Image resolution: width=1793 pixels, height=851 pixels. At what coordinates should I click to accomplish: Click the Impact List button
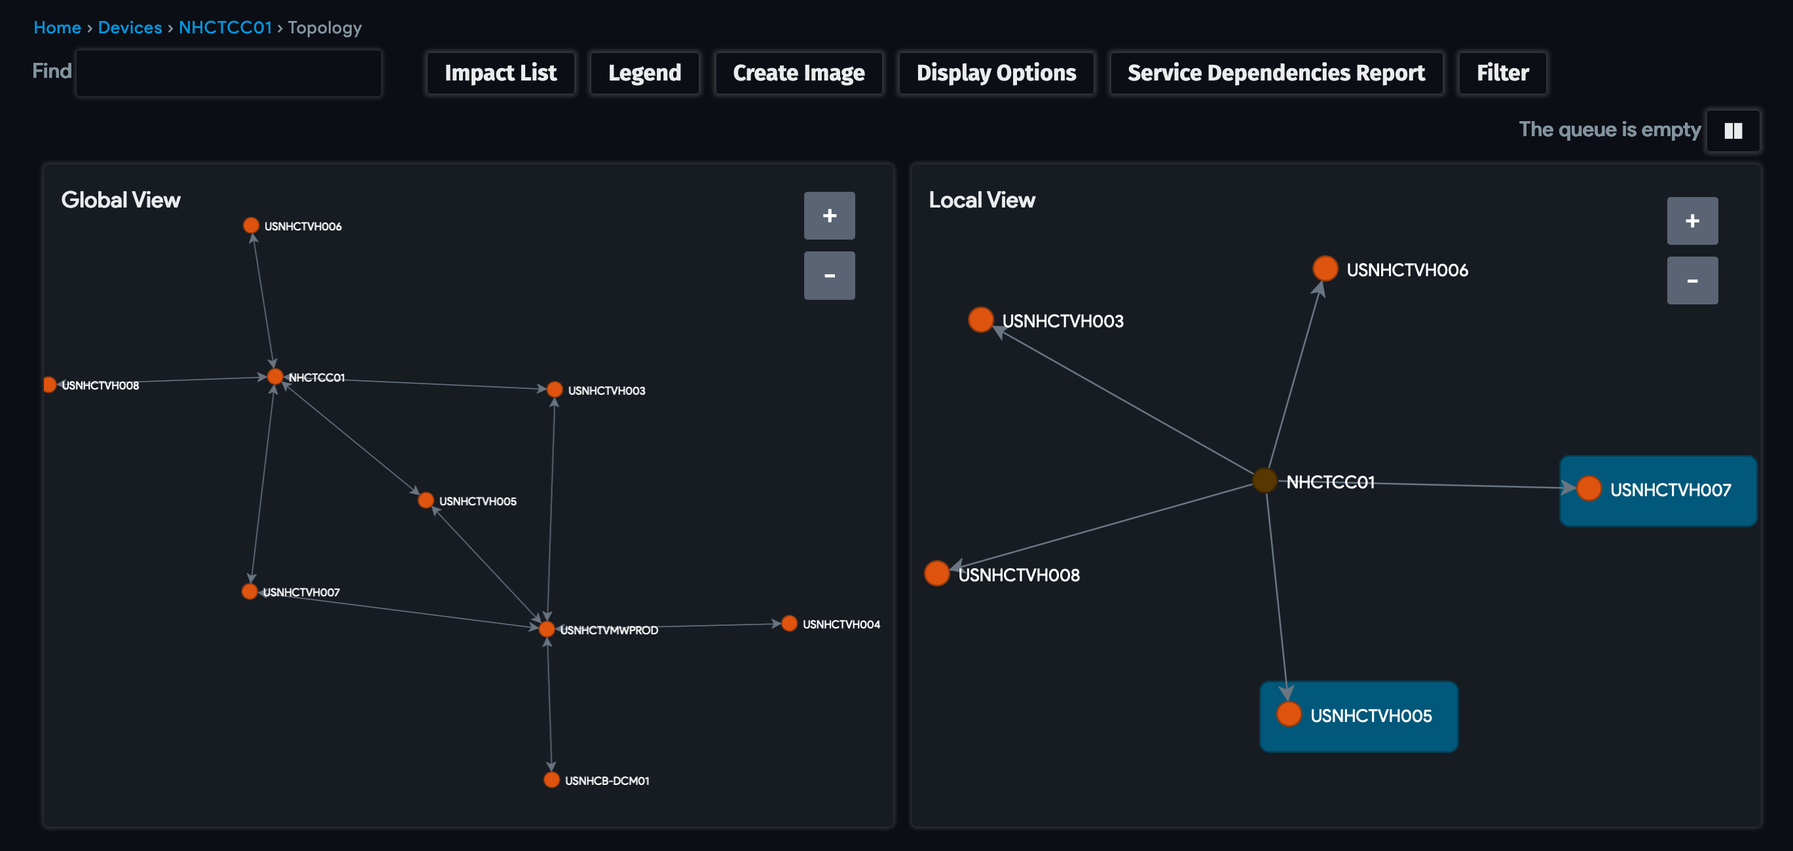click(x=500, y=73)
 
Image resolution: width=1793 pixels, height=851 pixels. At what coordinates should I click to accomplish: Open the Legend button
click(x=644, y=73)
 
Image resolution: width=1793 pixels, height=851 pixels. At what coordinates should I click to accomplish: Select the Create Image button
click(x=798, y=73)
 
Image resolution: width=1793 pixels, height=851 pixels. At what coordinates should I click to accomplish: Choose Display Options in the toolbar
click(x=995, y=73)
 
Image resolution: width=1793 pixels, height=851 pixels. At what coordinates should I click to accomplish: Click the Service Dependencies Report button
click(x=1275, y=73)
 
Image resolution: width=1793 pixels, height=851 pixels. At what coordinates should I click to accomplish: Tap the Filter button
click(x=1502, y=73)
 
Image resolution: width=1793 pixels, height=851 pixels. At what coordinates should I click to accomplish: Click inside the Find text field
click(x=229, y=73)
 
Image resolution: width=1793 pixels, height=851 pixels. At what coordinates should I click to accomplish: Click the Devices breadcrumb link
click(x=130, y=28)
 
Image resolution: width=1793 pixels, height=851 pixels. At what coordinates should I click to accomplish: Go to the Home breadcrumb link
click(x=57, y=28)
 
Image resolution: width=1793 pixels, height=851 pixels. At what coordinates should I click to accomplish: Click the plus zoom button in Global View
click(x=829, y=216)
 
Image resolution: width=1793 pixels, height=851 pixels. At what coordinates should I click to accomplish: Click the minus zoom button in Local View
click(x=1691, y=280)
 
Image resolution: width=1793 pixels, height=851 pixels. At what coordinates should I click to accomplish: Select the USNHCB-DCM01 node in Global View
click(x=551, y=780)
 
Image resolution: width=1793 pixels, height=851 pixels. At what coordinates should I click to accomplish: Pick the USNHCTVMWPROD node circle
click(x=547, y=629)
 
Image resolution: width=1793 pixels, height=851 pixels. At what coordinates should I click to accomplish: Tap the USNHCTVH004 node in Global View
click(x=788, y=623)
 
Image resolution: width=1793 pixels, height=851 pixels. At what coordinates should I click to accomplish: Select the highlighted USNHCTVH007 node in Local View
click(x=1589, y=488)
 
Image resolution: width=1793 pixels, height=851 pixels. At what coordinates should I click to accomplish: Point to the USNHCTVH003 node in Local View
click(x=981, y=320)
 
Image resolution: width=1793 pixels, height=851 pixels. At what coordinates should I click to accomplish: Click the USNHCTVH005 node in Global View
click(x=426, y=500)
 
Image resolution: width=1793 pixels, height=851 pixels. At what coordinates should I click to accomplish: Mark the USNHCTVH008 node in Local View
click(x=937, y=573)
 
